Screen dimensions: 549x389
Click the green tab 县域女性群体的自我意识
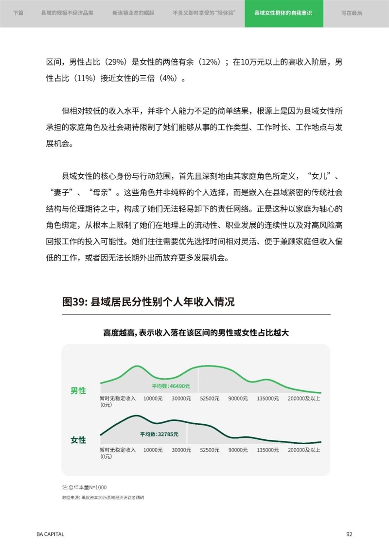pyautogui.click(x=283, y=14)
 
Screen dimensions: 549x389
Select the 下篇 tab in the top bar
pyautogui.click(x=18, y=14)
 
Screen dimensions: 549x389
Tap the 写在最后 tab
pyautogui.click(x=352, y=14)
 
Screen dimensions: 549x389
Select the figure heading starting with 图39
pyautogui.click(x=148, y=302)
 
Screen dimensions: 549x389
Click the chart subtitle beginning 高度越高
pyautogui.click(x=196, y=333)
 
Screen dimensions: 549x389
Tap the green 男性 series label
pyautogui.click(x=78, y=390)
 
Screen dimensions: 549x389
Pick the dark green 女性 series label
pyautogui.click(x=78, y=440)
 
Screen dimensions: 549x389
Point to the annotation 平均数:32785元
pyautogui.click(x=159, y=434)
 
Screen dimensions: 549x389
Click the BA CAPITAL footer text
pyautogui.click(x=50, y=534)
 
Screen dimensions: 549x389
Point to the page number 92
pyautogui.click(x=349, y=534)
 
